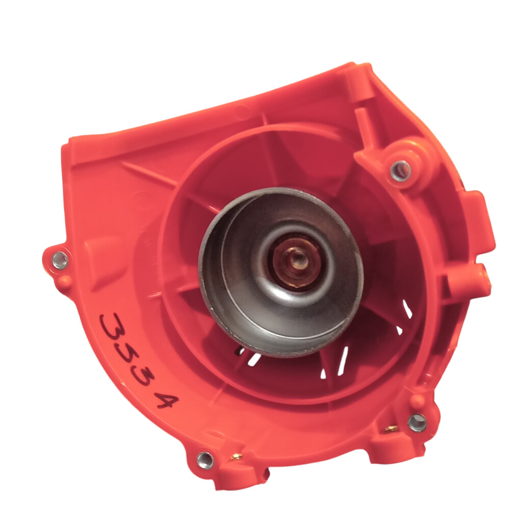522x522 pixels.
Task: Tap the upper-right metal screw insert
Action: tap(401, 170)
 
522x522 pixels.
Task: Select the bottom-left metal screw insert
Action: tap(205, 460)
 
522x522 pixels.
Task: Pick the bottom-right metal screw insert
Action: tap(417, 423)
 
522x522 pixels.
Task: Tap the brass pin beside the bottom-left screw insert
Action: tap(236, 457)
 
